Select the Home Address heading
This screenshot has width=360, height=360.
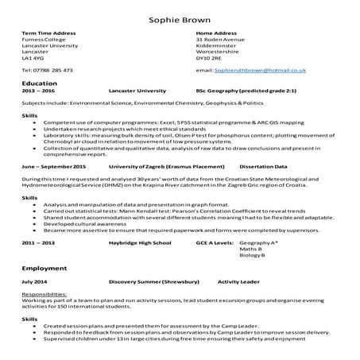[215, 33]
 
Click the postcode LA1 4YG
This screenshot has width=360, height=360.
[33, 58]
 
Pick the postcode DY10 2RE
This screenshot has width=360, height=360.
[208, 58]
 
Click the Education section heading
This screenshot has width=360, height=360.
[40, 83]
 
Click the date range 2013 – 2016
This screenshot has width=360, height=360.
[39, 91]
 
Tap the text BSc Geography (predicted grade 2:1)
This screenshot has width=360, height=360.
[246, 91]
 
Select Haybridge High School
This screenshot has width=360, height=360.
[141, 241]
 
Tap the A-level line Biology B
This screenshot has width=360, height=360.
[252, 254]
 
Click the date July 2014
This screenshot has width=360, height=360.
[35, 281]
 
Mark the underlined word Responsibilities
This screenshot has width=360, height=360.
[46, 293]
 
